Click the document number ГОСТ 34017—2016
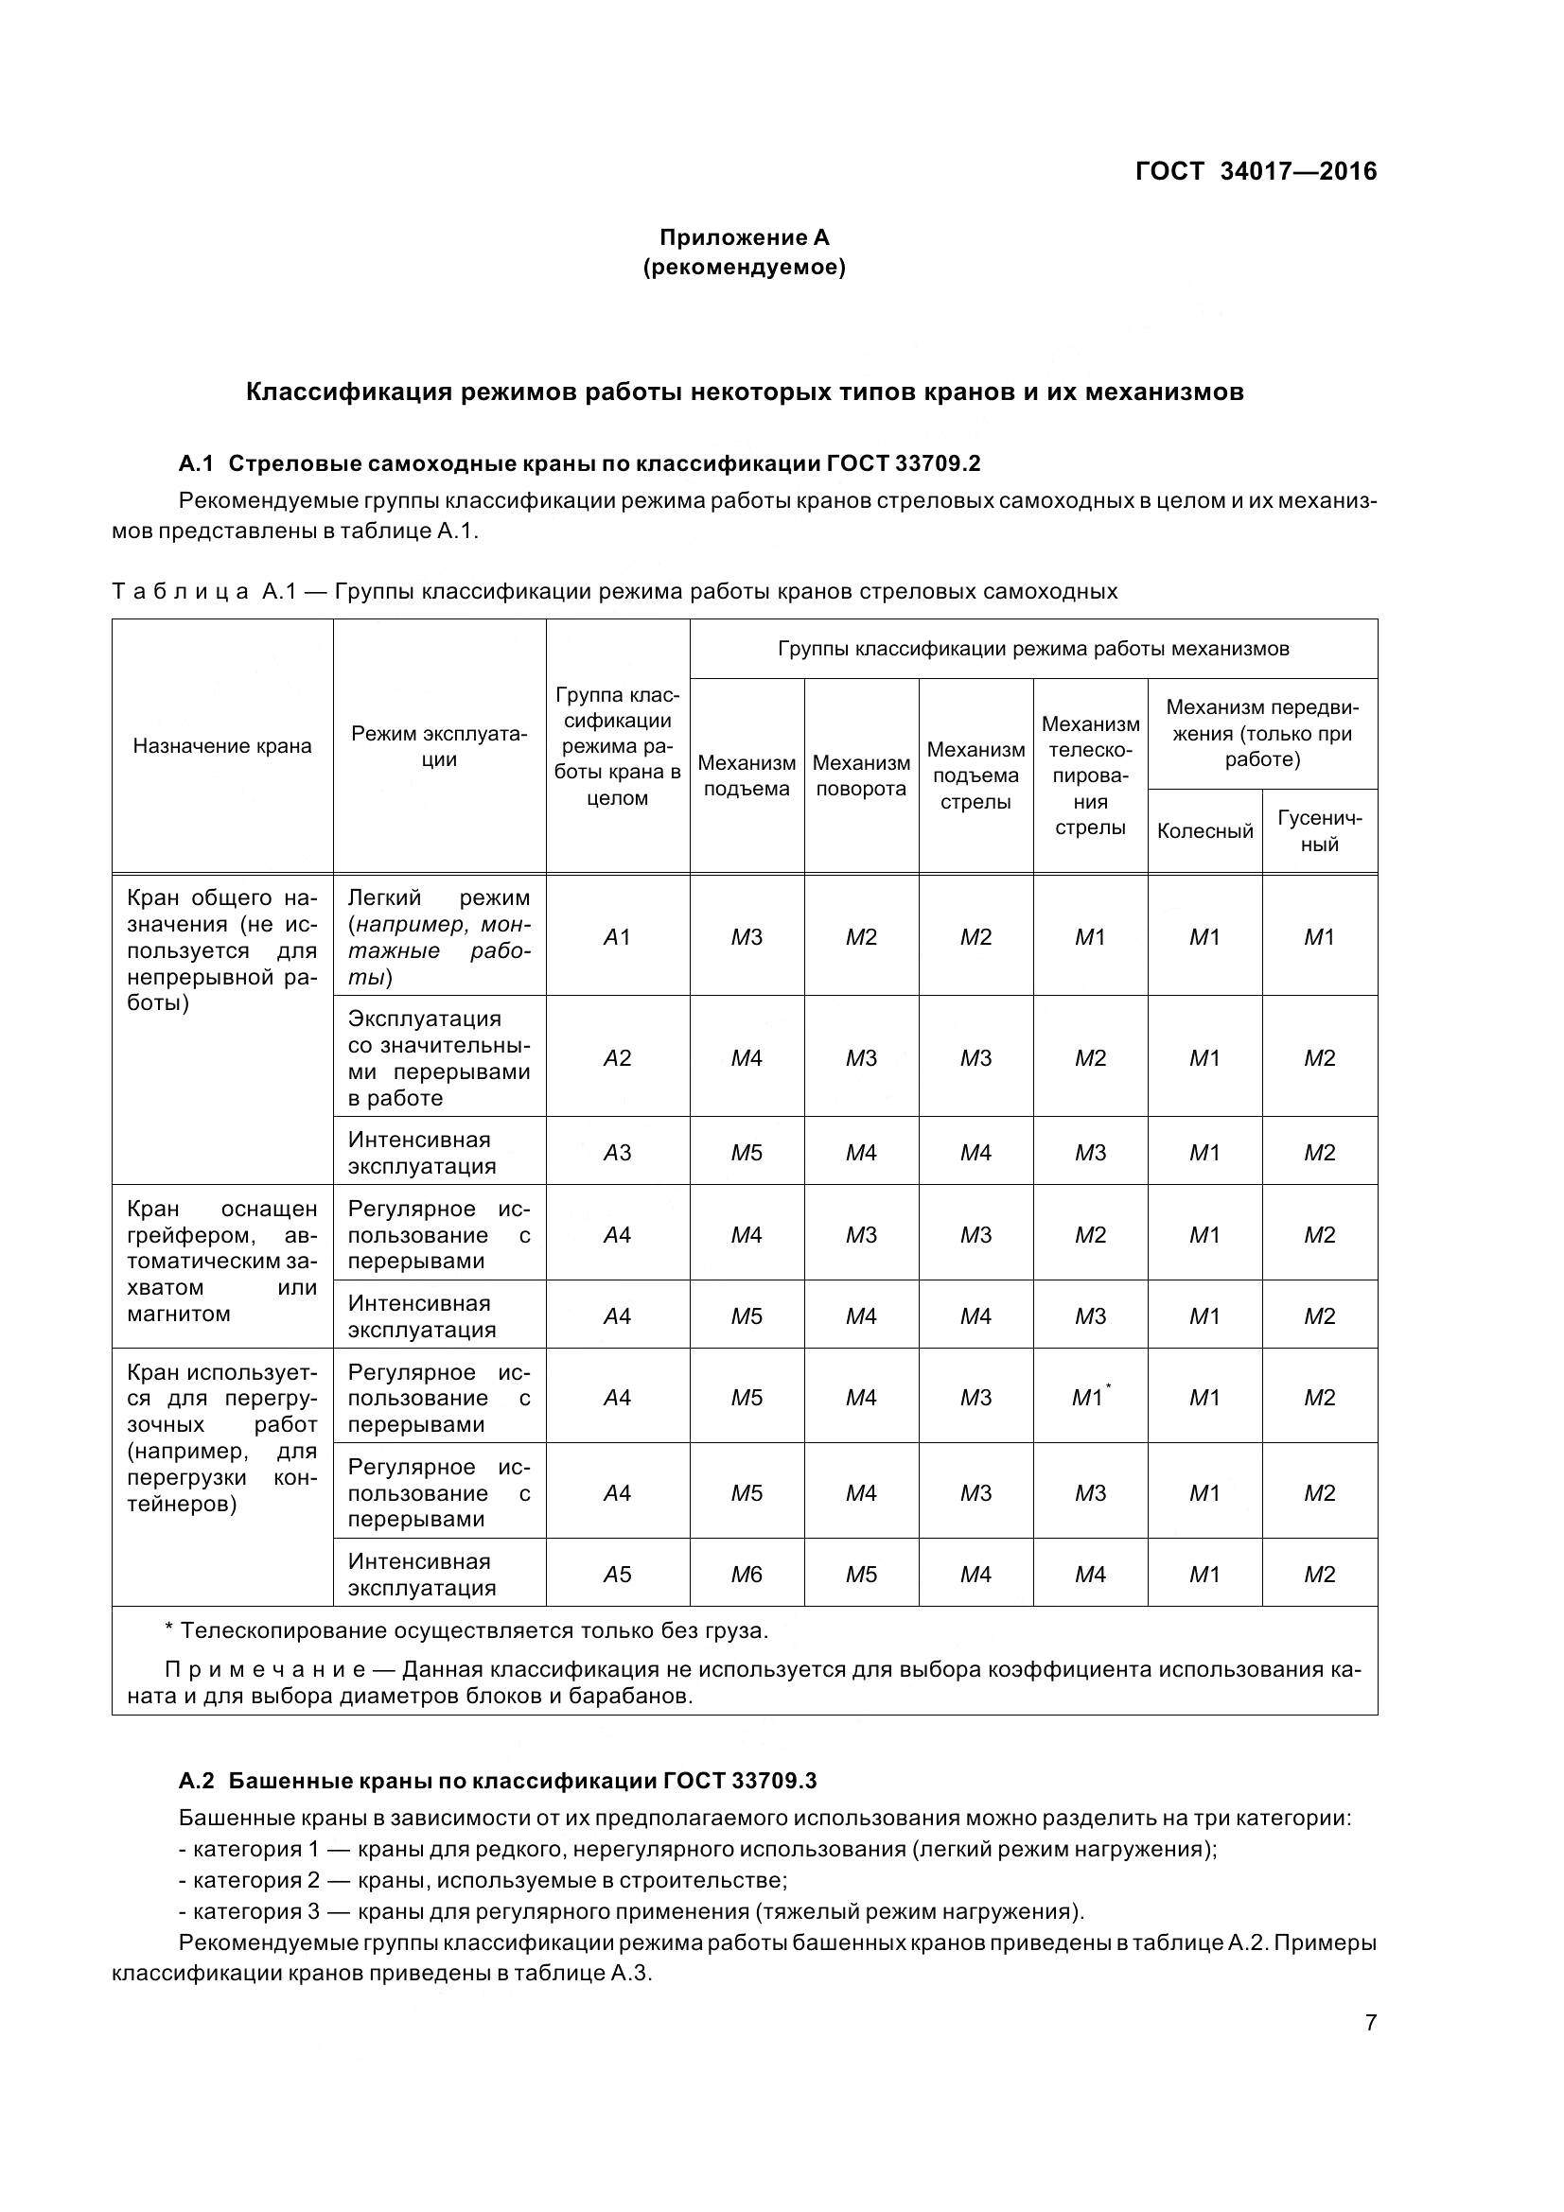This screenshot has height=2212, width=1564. [x=1256, y=171]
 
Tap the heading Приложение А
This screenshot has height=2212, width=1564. [x=744, y=237]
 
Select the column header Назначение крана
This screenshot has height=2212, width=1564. [x=222, y=745]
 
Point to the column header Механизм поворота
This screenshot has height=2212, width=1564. [x=861, y=775]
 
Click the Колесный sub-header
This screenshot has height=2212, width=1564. [x=1204, y=830]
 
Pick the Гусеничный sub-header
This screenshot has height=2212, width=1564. [x=1319, y=830]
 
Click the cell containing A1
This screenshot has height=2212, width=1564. [x=617, y=936]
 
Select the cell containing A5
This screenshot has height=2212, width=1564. [x=617, y=1575]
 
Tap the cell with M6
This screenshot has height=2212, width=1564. [x=746, y=1575]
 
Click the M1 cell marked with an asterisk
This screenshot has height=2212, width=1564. [x=1090, y=1398]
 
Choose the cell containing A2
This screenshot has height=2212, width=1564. [x=617, y=1058]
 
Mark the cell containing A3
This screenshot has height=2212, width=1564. [x=617, y=1152]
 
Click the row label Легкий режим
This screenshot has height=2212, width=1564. [x=438, y=897]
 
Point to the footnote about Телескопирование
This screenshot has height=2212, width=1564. [x=466, y=1631]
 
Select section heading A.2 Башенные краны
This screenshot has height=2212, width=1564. [x=498, y=1781]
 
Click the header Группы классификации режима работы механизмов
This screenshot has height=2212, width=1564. [x=1033, y=649]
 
